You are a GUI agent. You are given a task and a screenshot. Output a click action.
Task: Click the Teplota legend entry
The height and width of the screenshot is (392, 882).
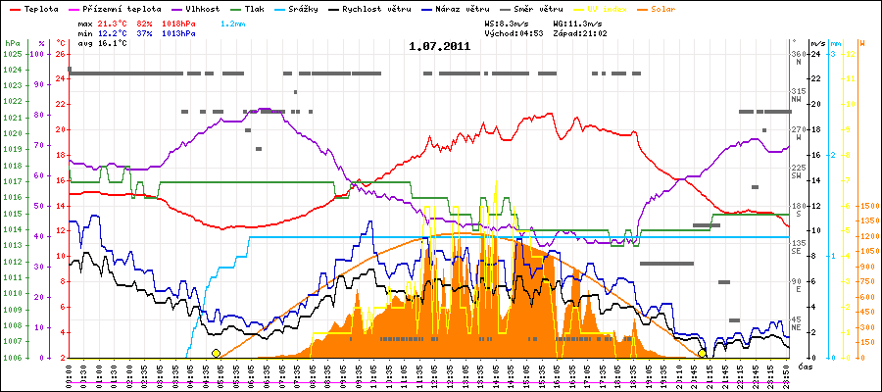pyautogui.click(x=38, y=9)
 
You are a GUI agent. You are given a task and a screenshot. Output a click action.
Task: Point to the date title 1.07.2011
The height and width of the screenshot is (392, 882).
pyautogui.click(x=440, y=46)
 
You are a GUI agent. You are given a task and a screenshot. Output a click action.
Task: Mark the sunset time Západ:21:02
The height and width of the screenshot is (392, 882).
pyautogui.click(x=578, y=32)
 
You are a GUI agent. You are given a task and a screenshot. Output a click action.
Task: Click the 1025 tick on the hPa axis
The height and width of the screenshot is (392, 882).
pyautogui.click(x=12, y=54)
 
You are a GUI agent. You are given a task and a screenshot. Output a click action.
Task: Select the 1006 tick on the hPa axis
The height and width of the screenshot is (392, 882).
pyautogui.click(x=12, y=358)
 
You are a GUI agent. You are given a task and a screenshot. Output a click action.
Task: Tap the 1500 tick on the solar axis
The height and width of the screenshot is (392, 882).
pyautogui.click(x=868, y=206)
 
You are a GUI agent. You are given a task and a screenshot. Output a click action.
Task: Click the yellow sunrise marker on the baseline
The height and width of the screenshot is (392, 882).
pyautogui.click(x=216, y=354)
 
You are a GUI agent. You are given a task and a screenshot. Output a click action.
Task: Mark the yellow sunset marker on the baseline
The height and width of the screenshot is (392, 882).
pyautogui.click(x=702, y=354)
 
